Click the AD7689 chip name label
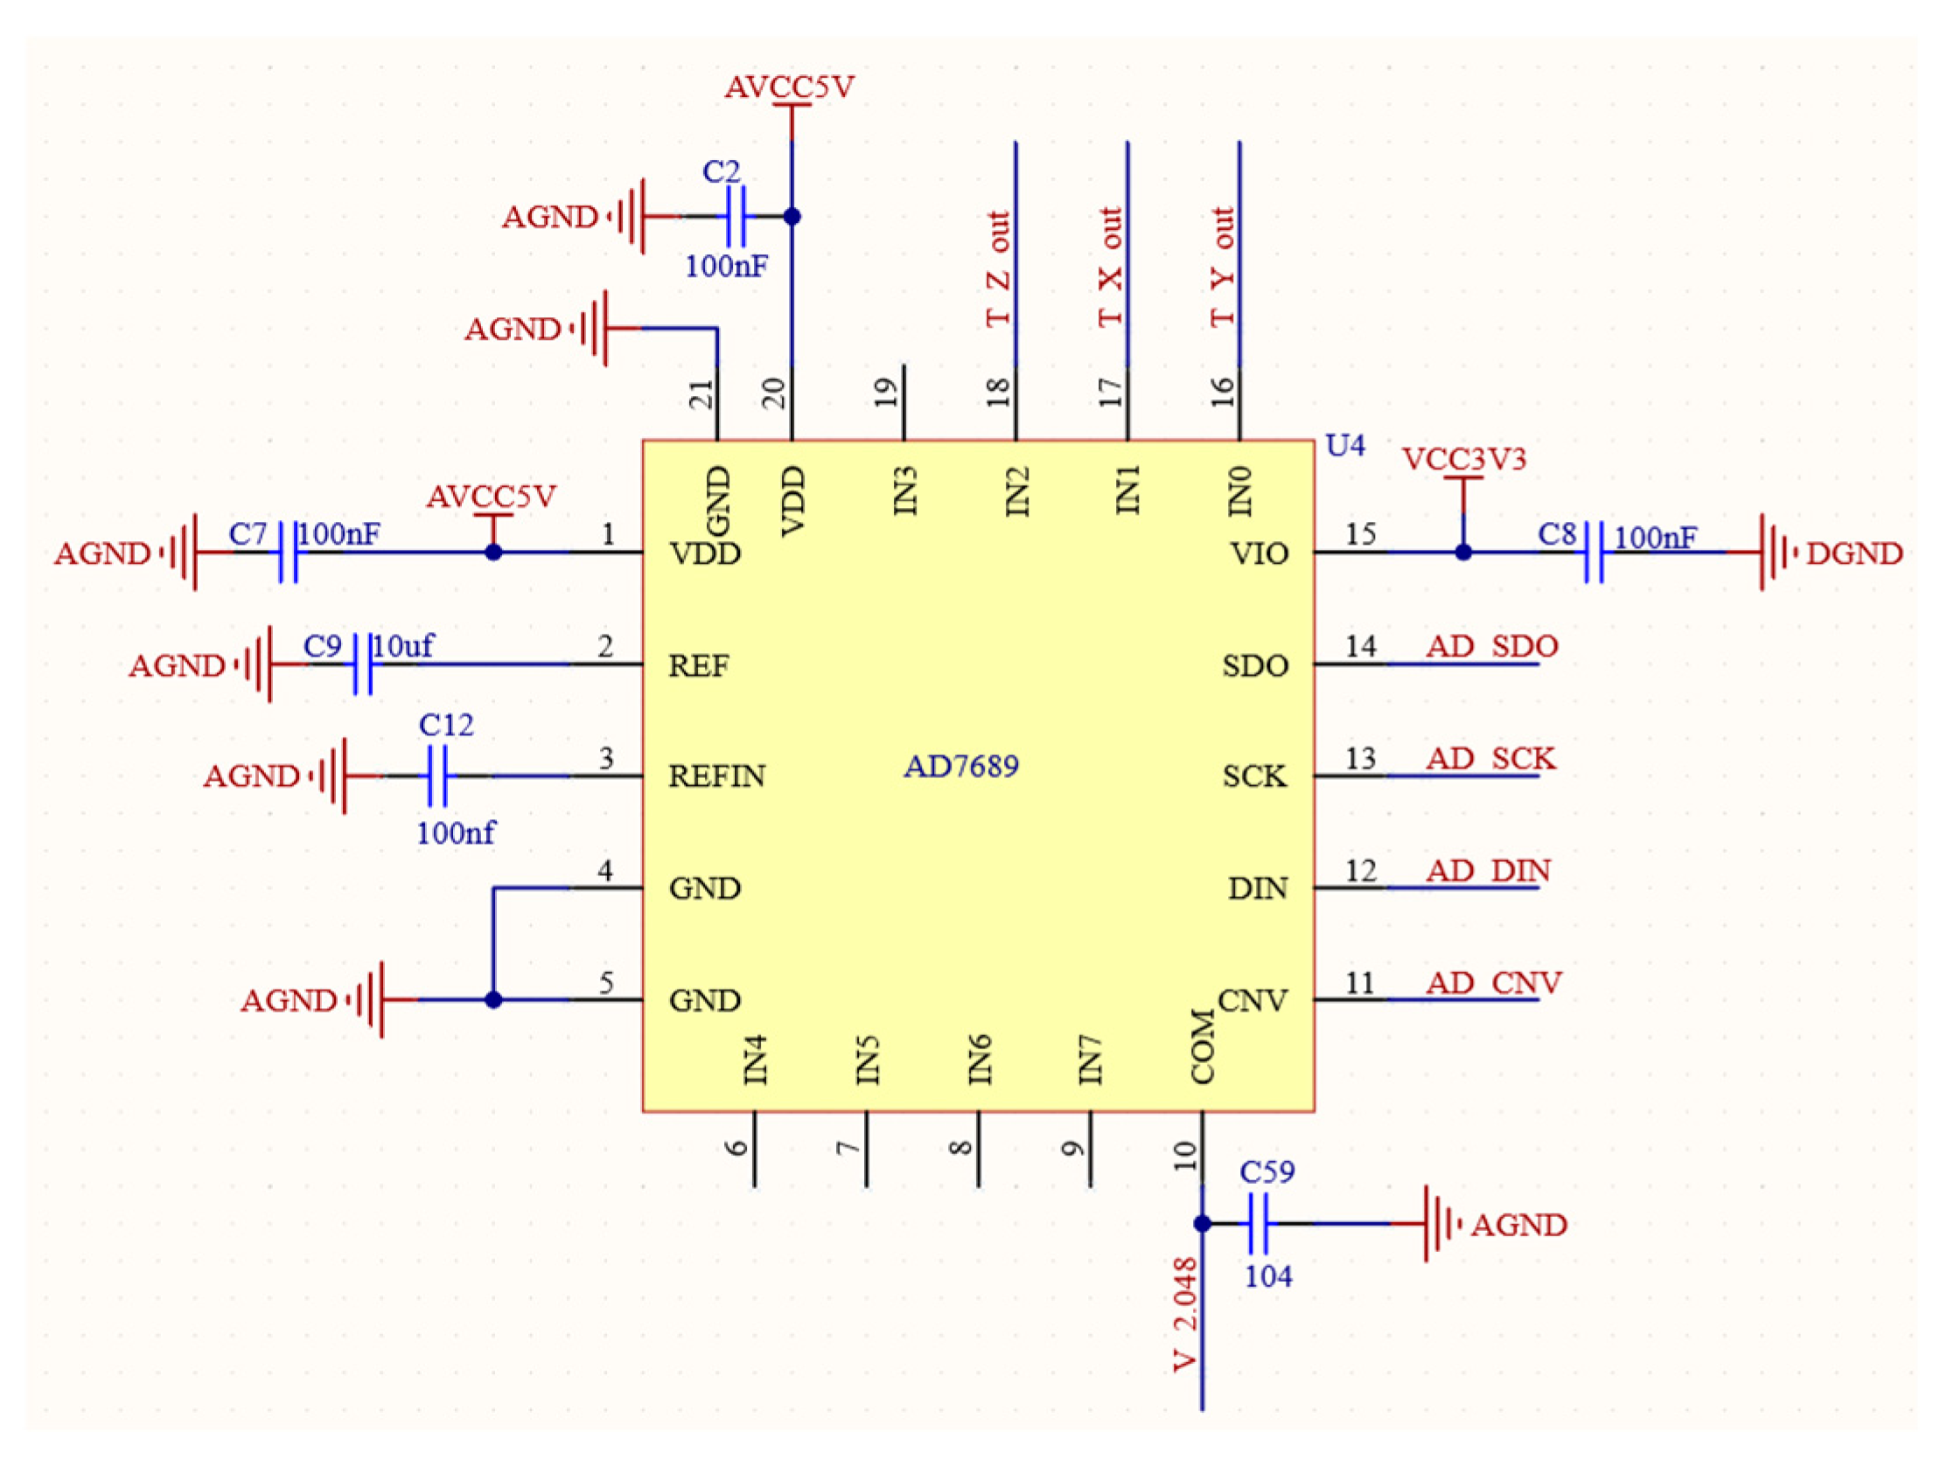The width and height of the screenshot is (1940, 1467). click(x=961, y=767)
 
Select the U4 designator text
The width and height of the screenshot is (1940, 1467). click(x=1344, y=446)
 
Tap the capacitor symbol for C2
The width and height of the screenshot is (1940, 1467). click(x=736, y=216)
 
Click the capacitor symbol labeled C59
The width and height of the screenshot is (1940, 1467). click(x=1257, y=1223)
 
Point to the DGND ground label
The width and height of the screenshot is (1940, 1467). click(x=1854, y=553)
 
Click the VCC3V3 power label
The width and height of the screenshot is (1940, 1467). click(x=1464, y=459)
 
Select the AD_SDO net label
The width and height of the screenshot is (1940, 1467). click(x=1492, y=646)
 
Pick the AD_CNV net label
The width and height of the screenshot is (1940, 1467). click(x=1494, y=983)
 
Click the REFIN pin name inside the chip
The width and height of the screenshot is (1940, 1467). click(x=716, y=776)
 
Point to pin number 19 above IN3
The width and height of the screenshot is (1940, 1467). click(x=887, y=392)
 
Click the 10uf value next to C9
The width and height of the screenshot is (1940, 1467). click(x=402, y=646)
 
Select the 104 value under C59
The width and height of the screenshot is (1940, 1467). click(x=1268, y=1276)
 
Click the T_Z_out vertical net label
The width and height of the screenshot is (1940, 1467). click(x=998, y=268)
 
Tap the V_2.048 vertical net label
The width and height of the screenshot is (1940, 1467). click(x=1184, y=1313)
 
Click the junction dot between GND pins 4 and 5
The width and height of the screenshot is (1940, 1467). click(x=494, y=999)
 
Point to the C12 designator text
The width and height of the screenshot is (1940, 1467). click(x=445, y=725)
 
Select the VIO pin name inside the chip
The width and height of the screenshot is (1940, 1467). click(x=1260, y=553)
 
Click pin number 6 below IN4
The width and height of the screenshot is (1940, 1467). click(x=736, y=1148)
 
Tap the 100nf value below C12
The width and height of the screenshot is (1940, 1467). click(x=455, y=832)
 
